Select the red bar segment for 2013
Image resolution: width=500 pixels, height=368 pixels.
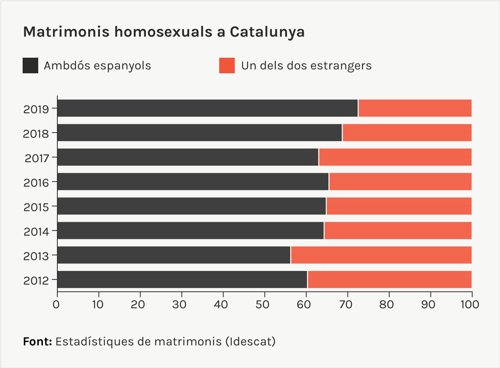tap(381, 255)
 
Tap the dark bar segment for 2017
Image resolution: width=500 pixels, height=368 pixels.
tap(188, 157)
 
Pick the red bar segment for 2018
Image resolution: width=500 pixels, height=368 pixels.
tap(407, 133)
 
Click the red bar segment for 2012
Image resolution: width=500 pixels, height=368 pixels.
tap(390, 280)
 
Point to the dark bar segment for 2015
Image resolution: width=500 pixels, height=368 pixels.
tap(191, 206)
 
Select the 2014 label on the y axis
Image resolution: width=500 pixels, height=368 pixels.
tap(36, 232)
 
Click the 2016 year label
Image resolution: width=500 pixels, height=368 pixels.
tap(36, 182)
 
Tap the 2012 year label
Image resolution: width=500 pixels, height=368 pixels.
tap(36, 281)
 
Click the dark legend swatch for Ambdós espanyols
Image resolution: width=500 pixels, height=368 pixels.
tap(30, 65)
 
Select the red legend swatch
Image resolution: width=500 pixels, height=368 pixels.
tap(227, 65)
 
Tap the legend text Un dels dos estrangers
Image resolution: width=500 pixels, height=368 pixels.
tap(306, 65)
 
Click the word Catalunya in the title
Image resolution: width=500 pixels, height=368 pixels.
tap(267, 32)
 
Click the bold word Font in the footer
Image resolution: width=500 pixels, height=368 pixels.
tap(37, 341)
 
